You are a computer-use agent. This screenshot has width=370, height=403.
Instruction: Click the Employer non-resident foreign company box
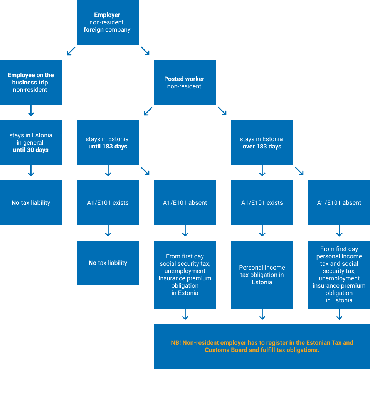click(108, 22)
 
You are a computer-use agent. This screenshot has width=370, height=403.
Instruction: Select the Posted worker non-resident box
click(185, 83)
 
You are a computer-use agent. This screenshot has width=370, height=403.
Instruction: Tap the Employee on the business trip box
click(31, 83)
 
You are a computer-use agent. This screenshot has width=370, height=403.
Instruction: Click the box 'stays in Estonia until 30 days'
click(31, 143)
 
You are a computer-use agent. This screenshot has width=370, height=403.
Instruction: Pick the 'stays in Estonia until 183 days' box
click(108, 143)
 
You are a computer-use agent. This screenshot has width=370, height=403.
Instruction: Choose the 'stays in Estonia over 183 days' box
click(262, 143)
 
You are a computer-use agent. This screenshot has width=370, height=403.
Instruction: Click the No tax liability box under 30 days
click(31, 203)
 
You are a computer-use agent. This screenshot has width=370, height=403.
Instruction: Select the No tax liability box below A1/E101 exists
click(108, 263)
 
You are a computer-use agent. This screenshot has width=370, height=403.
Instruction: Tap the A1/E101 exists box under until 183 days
click(108, 203)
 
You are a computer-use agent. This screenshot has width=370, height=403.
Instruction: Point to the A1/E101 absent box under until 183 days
click(185, 203)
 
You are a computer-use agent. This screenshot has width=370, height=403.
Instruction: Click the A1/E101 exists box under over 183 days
click(262, 203)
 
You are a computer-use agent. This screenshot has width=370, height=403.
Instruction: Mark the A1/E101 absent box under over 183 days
click(339, 203)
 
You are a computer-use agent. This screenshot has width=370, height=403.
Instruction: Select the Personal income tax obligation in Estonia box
click(262, 275)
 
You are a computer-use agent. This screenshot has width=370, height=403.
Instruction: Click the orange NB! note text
click(262, 346)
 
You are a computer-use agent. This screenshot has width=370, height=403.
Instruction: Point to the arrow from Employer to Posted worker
click(145, 51)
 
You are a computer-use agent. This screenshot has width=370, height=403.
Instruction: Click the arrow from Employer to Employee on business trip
click(71, 51)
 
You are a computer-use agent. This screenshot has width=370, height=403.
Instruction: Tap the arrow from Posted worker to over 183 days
click(222, 111)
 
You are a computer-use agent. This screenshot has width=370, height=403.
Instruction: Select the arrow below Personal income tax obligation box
click(262, 314)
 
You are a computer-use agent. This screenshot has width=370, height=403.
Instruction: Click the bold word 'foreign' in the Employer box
click(94, 30)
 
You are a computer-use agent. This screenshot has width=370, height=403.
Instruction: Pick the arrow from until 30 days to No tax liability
click(31, 171)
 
